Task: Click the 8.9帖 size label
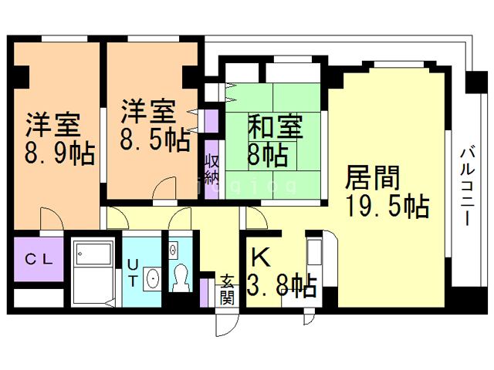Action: [x=60, y=153]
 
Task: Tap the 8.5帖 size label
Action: [x=155, y=140]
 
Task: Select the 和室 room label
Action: [x=276, y=126]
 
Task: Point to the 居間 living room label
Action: [x=373, y=178]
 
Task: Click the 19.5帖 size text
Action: [x=387, y=206]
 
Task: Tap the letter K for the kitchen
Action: [x=261, y=257]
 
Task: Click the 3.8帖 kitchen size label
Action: [x=282, y=286]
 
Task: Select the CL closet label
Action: [x=39, y=259]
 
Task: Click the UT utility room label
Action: [x=133, y=273]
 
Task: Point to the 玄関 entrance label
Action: [x=227, y=290]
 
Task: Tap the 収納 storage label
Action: [x=211, y=170]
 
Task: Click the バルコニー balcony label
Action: [x=468, y=187]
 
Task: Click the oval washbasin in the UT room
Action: [x=153, y=279]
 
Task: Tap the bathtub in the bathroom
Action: [x=94, y=254]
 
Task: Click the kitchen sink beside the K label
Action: [x=314, y=252]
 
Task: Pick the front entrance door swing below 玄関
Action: [x=228, y=324]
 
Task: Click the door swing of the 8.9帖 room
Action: [x=52, y=219]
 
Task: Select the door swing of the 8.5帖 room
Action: [x=164, y=188]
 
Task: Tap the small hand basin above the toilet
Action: [x=173, y=250]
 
